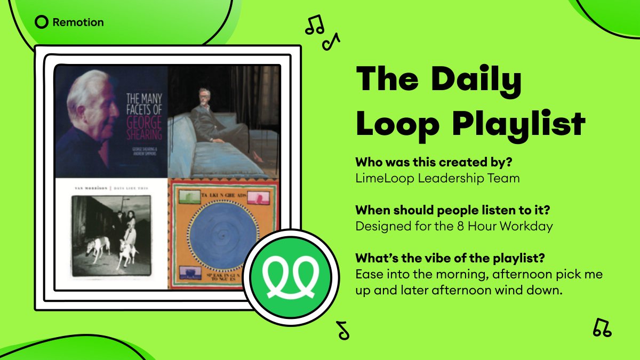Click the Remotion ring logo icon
tap(42, 22)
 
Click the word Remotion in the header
tap(78, 22)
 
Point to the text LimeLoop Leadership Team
tap(437, 178)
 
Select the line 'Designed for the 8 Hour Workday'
tap(454, 226)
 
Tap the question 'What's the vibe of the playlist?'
tap(450, 258)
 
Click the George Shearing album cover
tap(111, 121)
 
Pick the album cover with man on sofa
tap(224, 121)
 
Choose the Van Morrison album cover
tap(111, 234)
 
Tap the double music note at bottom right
tap(602, 327)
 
